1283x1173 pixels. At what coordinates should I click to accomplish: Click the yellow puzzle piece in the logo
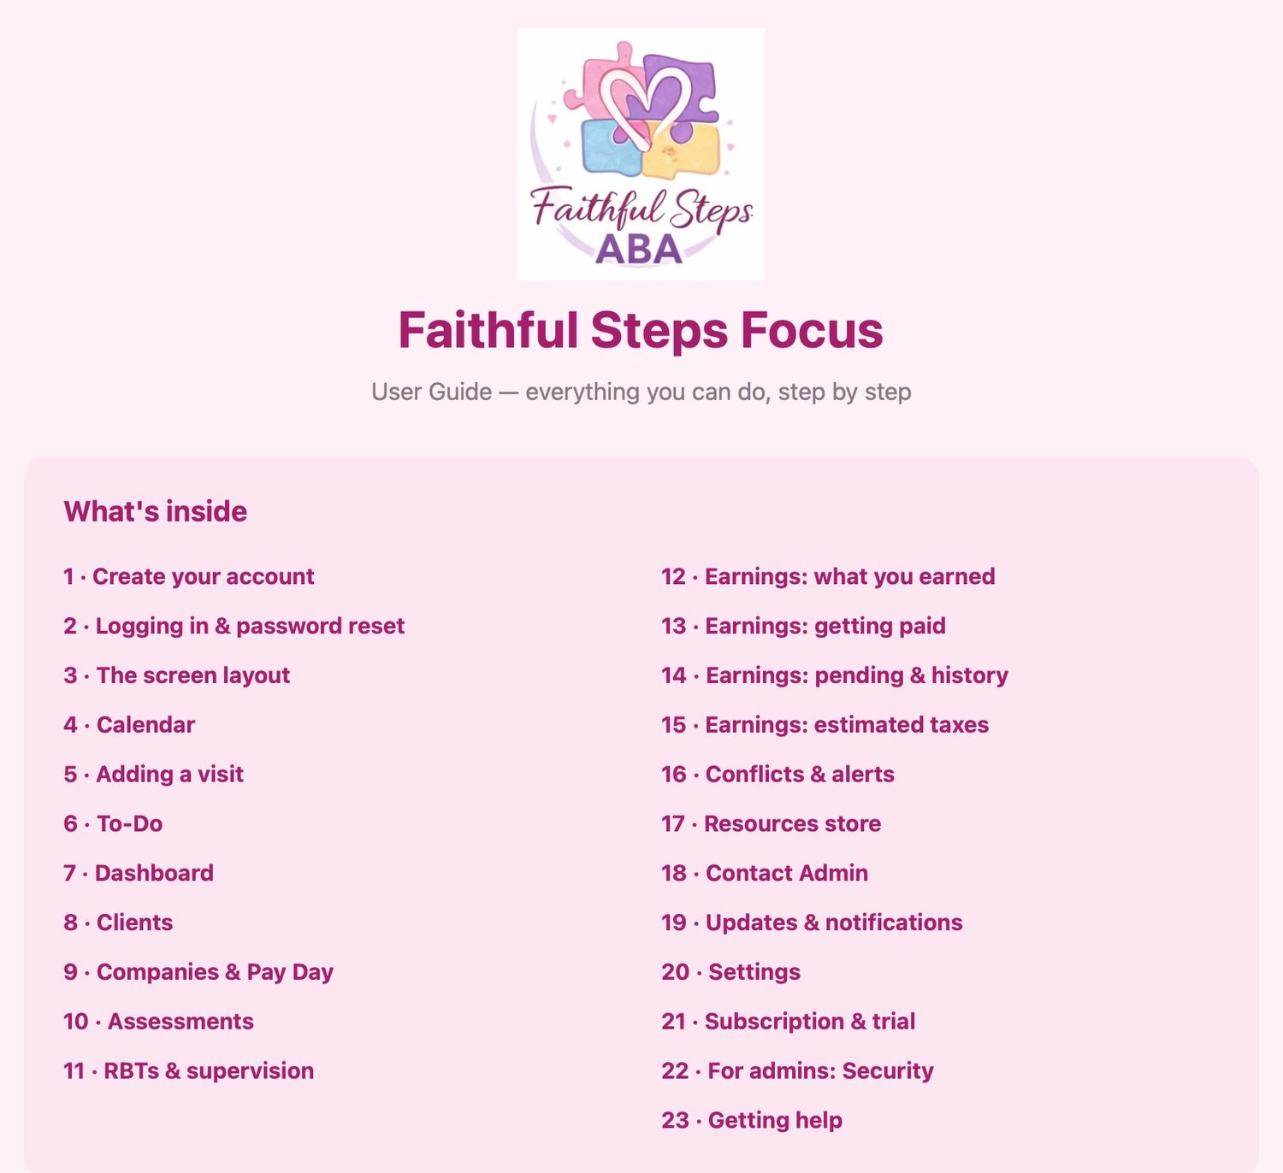(x=684, y=151)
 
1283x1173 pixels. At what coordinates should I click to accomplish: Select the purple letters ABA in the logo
(x=639, y=250)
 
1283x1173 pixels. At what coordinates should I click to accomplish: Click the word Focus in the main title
(x=812, y=330)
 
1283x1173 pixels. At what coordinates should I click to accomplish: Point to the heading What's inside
(x=156, y=511)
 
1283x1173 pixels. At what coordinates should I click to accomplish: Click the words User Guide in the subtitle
(x=432, y=392)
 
